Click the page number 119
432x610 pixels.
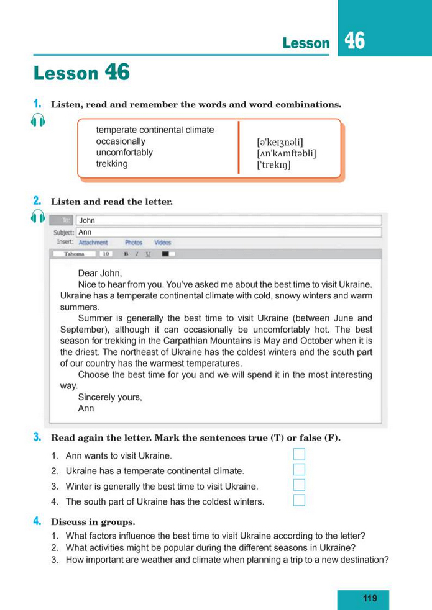click(x=370, y=598)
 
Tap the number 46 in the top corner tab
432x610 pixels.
click(x=355, y=41)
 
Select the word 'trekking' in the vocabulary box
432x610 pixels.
click(x=112, y=164)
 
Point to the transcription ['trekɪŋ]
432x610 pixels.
click(x=273, y=166)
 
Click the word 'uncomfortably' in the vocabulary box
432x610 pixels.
click(x=124, y=153)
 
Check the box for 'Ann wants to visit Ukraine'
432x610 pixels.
click(x=299, y=454)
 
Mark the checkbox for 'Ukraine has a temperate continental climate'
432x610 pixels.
click(x=299, y=470)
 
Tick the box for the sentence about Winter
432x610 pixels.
click(x=299, y=485)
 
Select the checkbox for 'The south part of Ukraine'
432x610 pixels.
click(x=299, y=501)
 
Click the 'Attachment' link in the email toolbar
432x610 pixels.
click(x=93, y=243)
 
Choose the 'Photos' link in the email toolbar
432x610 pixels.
click(x=134, y=243)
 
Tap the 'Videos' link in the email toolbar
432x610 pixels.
click(x=163, y=243)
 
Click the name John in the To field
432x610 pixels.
click(x=87, y=220)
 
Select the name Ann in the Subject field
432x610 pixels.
click(x=85, y=232)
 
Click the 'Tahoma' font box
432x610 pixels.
click(x=74, y=254)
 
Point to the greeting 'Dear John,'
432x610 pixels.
click(x=100, y=273)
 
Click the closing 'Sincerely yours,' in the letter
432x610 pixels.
click(x=110, y=397)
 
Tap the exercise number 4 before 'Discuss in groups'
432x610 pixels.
click(x=37, y=521)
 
